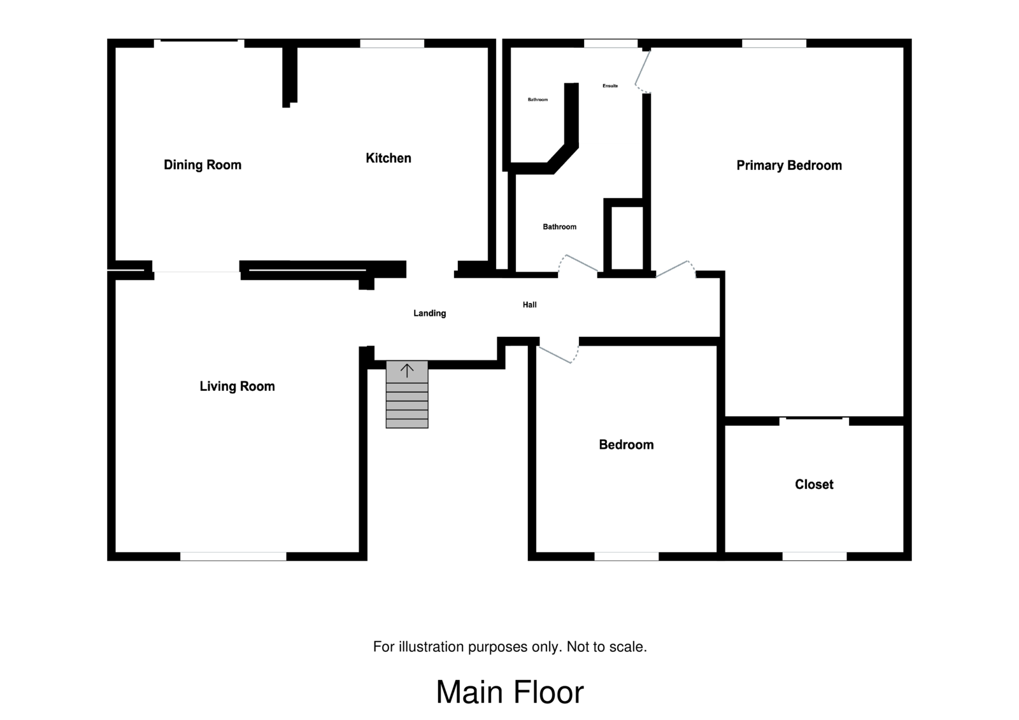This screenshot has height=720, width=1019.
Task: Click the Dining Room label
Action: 203,165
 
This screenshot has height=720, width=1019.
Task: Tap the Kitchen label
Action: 388,158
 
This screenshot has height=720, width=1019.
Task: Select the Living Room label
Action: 237,386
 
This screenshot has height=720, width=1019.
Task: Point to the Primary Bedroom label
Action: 789,165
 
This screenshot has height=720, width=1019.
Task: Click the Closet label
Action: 814,484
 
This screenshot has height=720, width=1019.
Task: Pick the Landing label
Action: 429,313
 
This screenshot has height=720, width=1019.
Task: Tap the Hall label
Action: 529,305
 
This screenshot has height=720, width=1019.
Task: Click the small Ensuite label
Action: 610,85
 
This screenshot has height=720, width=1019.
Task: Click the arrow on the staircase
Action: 407,371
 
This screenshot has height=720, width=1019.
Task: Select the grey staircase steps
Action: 407,394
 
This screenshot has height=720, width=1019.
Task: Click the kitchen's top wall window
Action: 392,44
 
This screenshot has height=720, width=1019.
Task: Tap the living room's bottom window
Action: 233,556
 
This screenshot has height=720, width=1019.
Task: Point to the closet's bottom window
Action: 815,556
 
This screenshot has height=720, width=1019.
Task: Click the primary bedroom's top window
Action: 774,44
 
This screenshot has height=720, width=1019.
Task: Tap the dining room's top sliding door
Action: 199,43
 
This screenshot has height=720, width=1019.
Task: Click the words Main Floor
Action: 509,692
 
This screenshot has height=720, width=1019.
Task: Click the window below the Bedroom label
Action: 627,556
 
